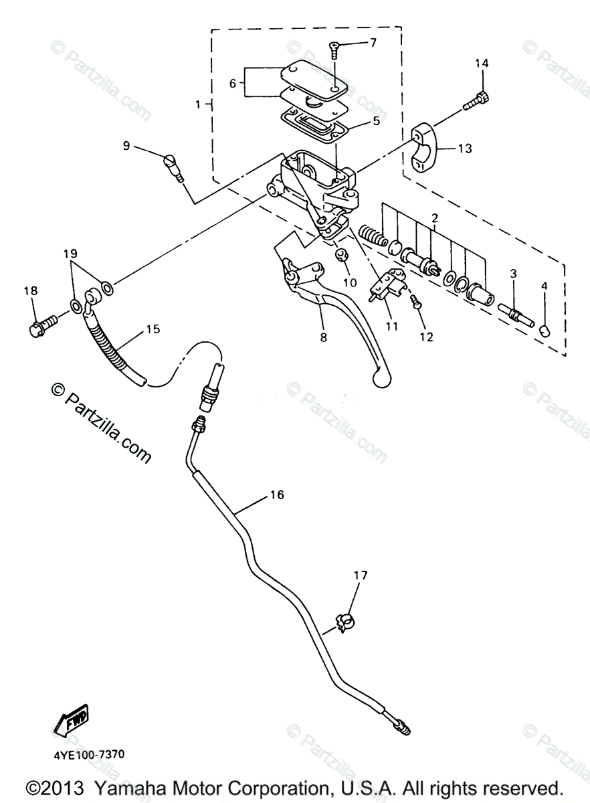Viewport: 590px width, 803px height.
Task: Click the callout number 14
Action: (x=482, y=64)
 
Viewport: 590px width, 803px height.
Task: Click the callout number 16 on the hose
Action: (x=278, y=495)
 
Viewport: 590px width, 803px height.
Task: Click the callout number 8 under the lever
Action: (x=324, y=338)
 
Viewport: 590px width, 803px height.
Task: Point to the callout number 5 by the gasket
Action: (x=376, y=121)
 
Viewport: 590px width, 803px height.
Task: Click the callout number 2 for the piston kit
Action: (x=435, y=219)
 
